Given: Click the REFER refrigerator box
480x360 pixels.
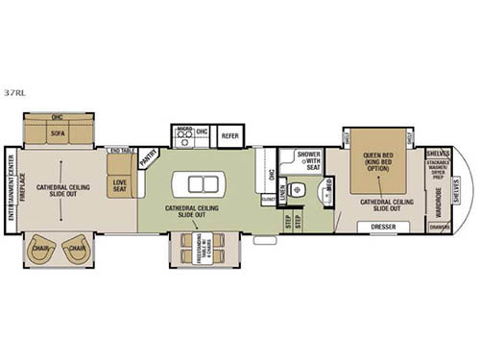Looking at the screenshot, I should coord(230,136).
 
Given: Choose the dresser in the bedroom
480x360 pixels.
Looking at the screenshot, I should coord(382,228).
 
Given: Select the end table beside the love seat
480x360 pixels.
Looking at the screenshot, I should coord(121,151).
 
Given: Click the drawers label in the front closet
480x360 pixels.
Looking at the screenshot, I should coord(438,228).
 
